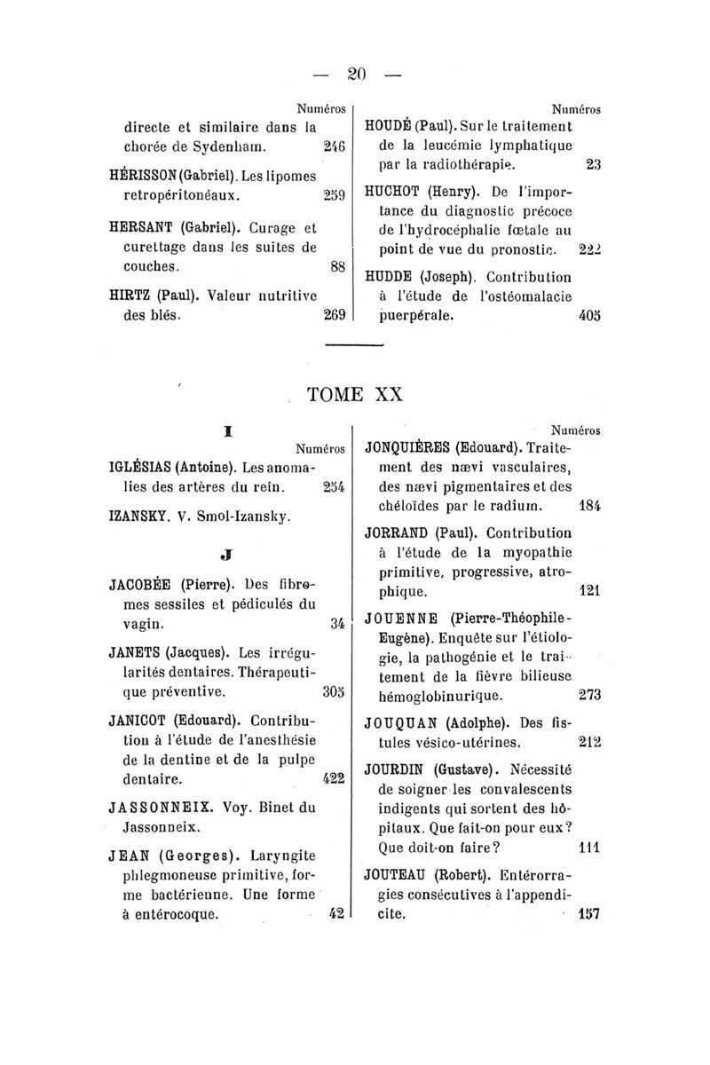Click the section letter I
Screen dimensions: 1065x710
click(x=228, y=429)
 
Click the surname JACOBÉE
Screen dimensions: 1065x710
click(x=142, y=585)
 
